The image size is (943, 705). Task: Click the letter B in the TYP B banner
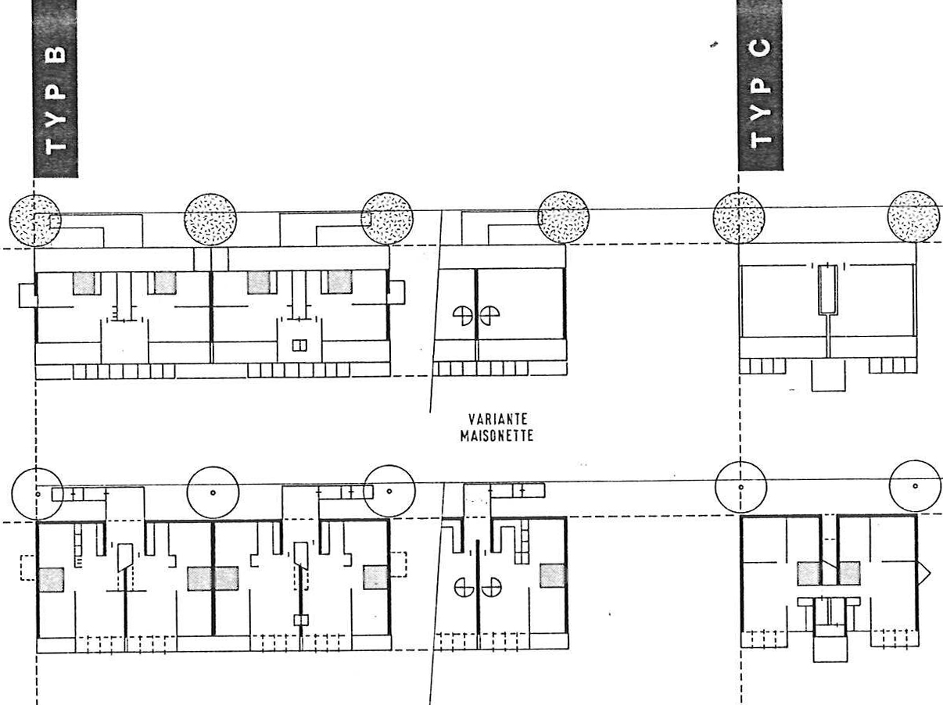click(x=56, y=54)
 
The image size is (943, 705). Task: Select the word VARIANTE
click(x=497, y=419)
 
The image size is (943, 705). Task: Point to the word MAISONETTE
click(x=497, y=436)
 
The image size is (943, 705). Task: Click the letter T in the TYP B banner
click(x=56, y=146)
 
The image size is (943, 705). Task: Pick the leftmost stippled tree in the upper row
click(x=35, y=221)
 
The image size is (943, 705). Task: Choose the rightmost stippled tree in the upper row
click(x=914, y=217)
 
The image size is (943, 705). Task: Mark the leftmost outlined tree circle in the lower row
click(x=38, y=494)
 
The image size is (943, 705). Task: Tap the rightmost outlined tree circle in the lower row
click(x=916, y=486)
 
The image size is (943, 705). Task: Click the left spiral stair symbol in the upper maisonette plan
click(x=463, y=315)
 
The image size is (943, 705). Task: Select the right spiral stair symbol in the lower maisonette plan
click(x=492, y=587)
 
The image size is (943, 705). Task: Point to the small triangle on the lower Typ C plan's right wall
click(x=924, y=573)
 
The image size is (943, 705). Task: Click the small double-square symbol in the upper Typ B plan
click(x=299, y=345)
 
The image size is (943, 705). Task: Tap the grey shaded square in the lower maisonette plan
click(x=553, y=576)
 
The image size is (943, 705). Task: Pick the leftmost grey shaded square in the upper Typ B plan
click(x=84, y=284)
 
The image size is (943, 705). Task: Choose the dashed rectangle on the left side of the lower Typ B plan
click(x=28, y=567)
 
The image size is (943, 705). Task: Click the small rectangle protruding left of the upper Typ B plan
click(x=28, y=295)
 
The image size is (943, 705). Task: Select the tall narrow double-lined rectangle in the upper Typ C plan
click(x=828, y=289)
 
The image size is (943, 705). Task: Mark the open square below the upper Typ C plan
click(x=828, y=376)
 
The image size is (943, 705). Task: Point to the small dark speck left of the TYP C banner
click(x=714, y=45)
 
